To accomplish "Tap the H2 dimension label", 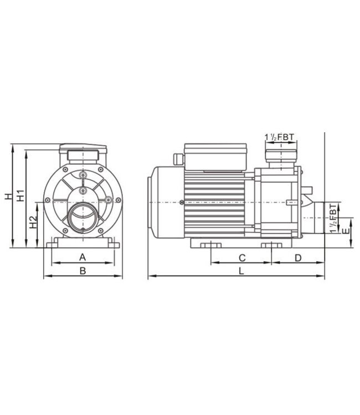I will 34,224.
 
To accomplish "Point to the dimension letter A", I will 83,257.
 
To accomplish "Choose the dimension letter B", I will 83,271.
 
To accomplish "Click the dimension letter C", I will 241,257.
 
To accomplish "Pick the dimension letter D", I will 297,257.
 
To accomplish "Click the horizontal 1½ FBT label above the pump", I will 281,136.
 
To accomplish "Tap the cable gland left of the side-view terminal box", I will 178,159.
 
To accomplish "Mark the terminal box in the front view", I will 83,149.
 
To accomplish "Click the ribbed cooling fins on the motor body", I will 214,201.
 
